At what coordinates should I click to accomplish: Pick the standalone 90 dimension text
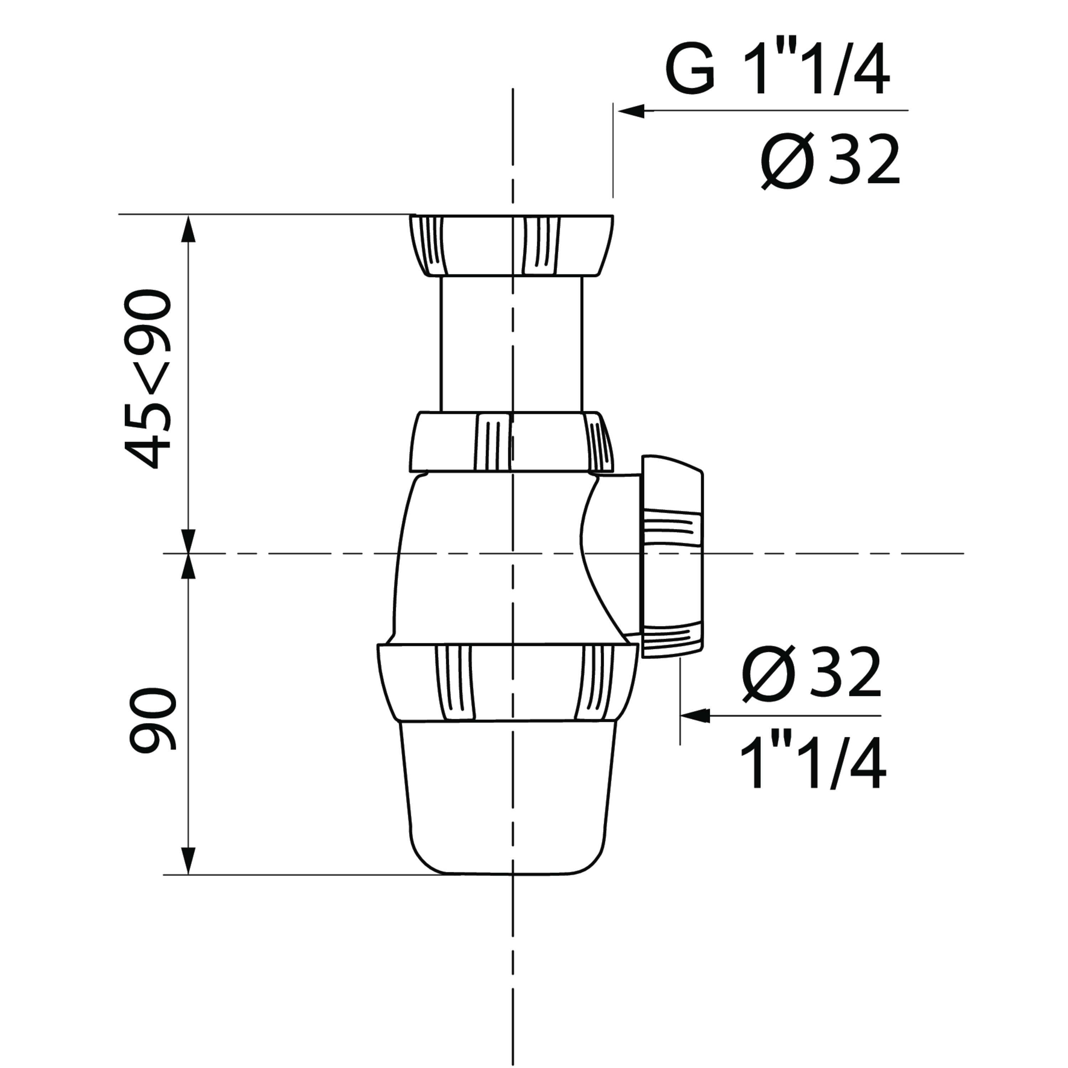pos(152,719)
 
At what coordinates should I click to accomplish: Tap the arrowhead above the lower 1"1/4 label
pos(695,716)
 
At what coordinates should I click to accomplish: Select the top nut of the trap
pos(511,245)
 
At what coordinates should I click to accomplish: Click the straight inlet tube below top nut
pos(511,344)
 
